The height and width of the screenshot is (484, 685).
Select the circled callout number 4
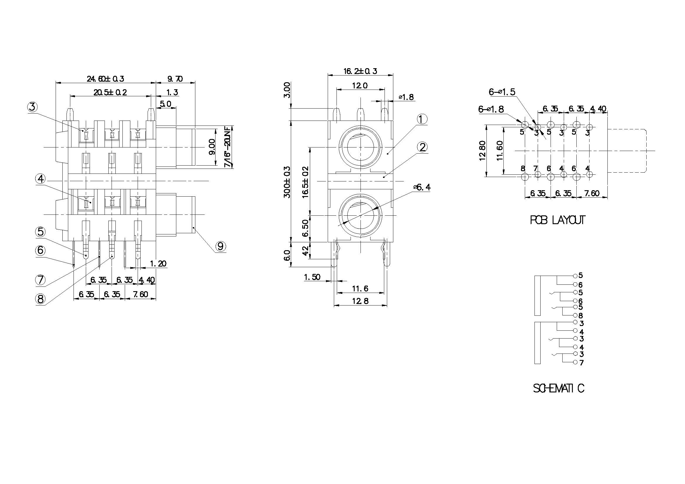(x=41, y=179)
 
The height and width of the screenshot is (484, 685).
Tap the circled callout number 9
(x=220, y=246)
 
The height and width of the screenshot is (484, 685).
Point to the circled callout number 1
(x=421, y=119)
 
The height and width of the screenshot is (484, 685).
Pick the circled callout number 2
(x=422, y=147)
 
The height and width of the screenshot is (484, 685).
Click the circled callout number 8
(x=41, y=299)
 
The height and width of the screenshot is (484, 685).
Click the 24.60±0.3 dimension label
(x=105, y=79)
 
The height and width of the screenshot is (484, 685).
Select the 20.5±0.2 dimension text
(x=110, y=92)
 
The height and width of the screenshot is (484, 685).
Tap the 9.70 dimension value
(x=175, y=79)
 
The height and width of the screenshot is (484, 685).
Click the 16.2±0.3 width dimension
(x=360, y=71)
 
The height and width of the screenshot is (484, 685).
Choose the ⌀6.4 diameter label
(x=422, y=187)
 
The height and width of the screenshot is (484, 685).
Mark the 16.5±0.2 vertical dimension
(x=305, y=182)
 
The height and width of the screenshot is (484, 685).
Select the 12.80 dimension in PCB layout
(x=482, y=151)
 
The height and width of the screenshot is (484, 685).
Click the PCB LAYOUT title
(x=557, y=220)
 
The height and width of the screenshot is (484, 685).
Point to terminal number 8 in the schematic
(x=580, y=315)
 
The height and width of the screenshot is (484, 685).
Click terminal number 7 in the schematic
(x=581, y=363)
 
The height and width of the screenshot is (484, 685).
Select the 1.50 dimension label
(x=312, y=277)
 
